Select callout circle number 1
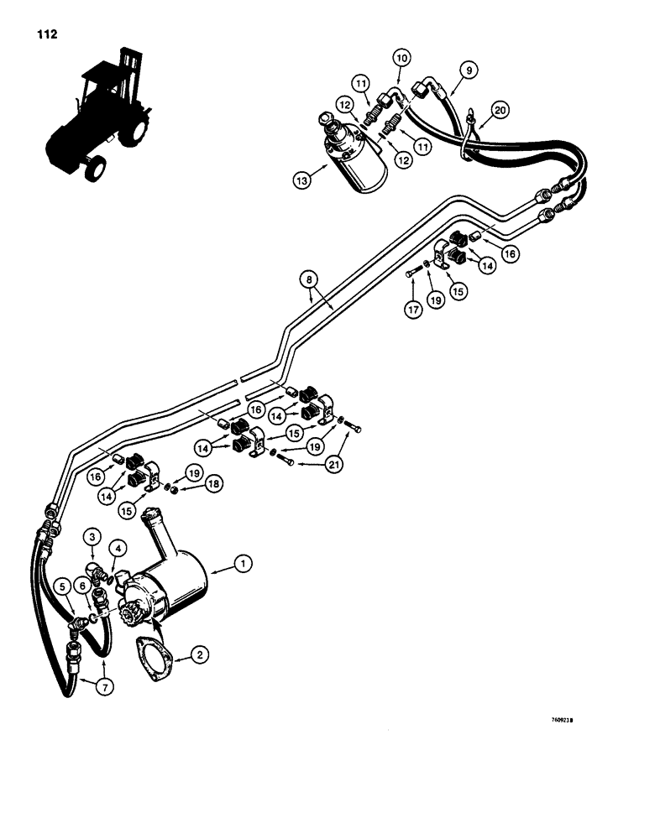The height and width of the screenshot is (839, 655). coord(243,565)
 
